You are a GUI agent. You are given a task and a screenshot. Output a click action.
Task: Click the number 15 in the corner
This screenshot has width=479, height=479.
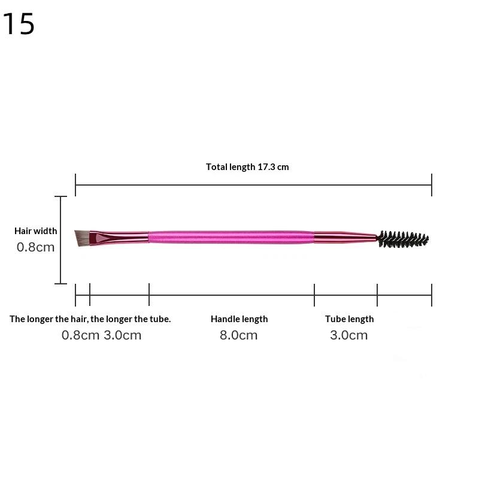point(19,23)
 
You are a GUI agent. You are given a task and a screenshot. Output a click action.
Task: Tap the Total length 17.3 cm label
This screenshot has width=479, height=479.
point(247,167)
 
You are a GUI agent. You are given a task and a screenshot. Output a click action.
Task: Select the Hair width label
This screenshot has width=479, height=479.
point(36,231)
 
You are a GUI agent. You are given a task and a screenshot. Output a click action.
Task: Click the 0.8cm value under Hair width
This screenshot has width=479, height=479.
point(36,247)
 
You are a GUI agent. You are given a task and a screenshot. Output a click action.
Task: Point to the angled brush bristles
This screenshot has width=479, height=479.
point(82,238)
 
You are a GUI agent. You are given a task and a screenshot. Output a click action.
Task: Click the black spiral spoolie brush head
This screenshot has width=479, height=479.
point(402,239)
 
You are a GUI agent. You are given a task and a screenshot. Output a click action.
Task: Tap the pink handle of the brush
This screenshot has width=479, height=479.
point(231,237)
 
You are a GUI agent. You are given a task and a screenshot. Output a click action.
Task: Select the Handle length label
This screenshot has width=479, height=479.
point(239,319)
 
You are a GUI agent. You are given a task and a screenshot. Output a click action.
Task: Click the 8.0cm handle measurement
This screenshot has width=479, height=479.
point(238,335)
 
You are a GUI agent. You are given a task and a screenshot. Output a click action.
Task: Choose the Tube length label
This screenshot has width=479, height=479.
point(349,319)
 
